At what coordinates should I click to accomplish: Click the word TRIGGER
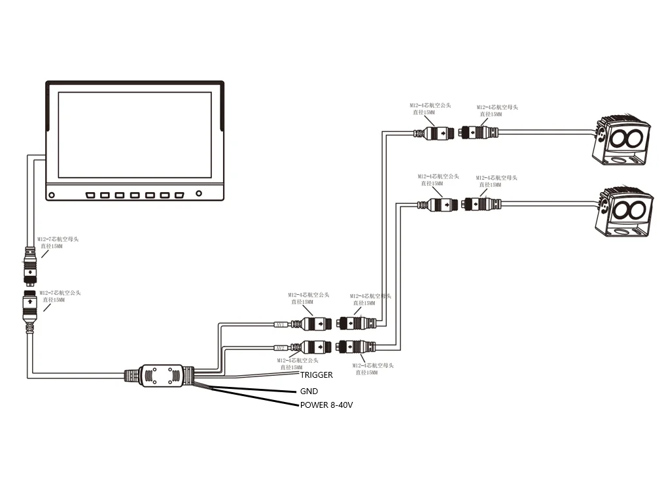tap(317, 375)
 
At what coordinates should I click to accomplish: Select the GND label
tap(309, 391)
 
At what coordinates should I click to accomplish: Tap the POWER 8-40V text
tap(326, 405)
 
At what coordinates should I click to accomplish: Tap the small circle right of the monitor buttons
tap(200, 193)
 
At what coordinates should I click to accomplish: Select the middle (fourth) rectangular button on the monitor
tap(135, 195)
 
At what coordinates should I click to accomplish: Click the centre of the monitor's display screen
tap(135, 135)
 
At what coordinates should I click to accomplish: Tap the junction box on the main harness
tap(161, 375)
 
